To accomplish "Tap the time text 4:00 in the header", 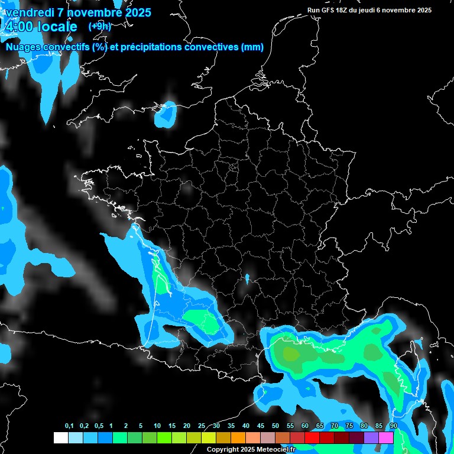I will point(18,27).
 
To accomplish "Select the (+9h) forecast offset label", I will point(99,27).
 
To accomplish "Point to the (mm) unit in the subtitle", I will point(252,47).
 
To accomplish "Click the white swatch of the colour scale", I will point(60,438).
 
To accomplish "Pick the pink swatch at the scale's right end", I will point(386,438).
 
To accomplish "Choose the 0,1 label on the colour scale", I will point(69,426).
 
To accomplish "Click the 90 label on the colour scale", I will point(393,426).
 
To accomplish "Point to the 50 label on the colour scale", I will point(275,426).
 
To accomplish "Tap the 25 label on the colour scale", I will point(202,426).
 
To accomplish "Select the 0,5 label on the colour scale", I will point(99,426).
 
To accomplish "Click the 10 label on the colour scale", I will point(157,426).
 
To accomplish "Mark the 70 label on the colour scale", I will point(335,426).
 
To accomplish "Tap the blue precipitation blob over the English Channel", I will point(166,115).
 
